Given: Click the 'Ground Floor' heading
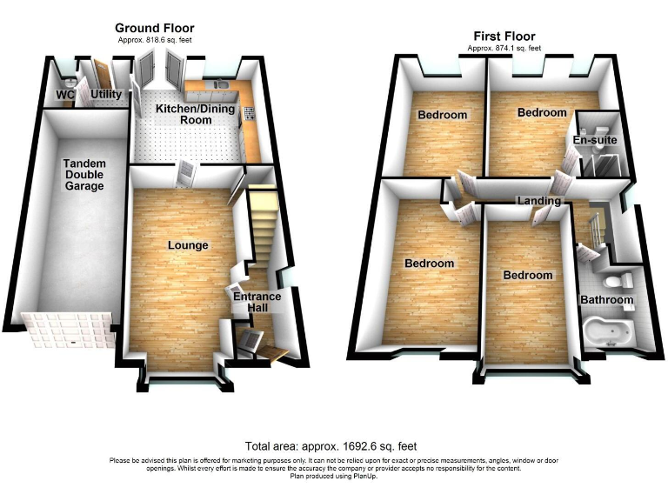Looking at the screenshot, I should tap(155, 29).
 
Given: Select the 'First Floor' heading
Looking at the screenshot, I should tap(504, 36).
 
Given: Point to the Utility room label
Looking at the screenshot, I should tap(106, 92).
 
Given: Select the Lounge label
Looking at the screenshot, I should tap(188, 245).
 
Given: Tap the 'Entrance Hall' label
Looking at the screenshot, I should tap(257, 303).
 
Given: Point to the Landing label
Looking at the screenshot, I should tap(539, 201).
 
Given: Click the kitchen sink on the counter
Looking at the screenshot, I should tap(216, 84).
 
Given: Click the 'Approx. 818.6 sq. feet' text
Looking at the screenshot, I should tap(154, 40).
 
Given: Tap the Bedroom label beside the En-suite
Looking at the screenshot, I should tap(542, 113).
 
